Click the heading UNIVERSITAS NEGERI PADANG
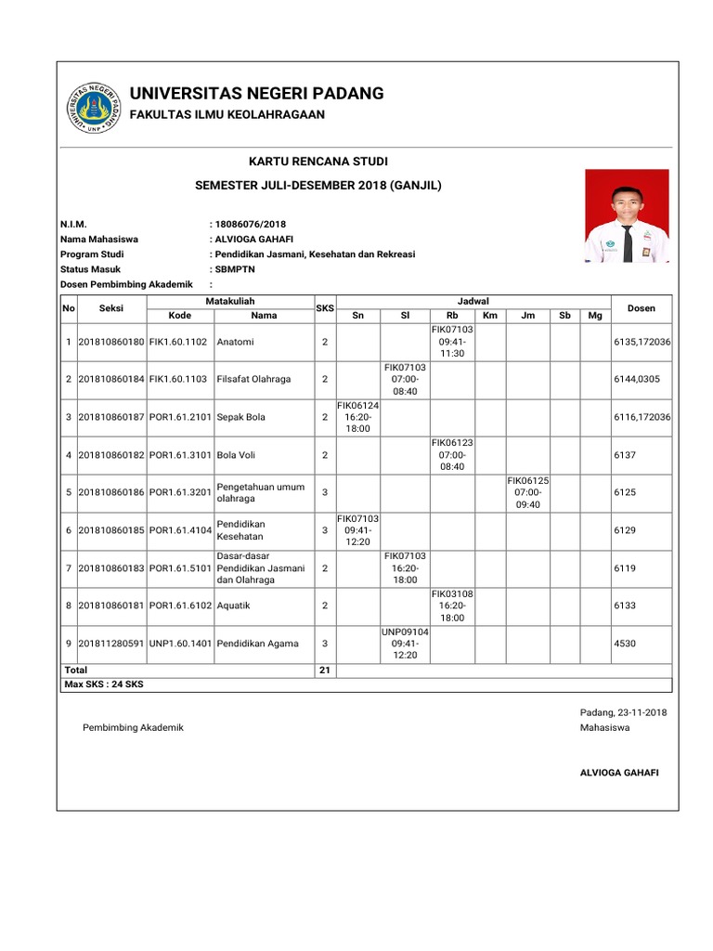point(256,93)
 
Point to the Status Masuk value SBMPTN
point(234,268)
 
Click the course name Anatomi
point(235,342)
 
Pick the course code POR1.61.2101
point(180,417)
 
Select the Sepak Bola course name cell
point(240,417)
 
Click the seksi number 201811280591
point(110,643)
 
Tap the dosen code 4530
point(625,643)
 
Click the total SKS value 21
point(324,670)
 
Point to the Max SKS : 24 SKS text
point(104,684)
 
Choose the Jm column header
point(528,316)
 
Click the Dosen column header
point(642,307)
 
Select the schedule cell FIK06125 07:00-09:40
point(528,492)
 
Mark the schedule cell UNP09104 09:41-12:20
point(405,643)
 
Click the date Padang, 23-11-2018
point(623,712)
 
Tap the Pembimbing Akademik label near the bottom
point(134,727)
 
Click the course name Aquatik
point(235,606)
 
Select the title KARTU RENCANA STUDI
point(318,163)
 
